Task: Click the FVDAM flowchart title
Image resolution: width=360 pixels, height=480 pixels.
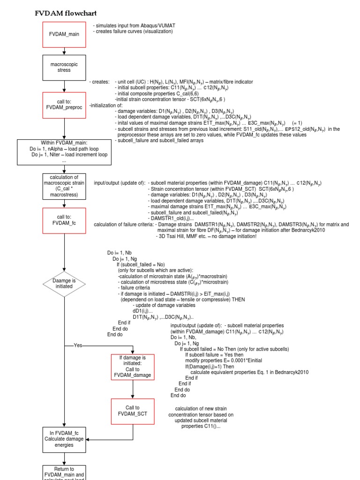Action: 66,13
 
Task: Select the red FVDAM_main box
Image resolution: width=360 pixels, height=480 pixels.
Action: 64,35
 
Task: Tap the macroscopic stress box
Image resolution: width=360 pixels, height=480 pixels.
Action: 64,67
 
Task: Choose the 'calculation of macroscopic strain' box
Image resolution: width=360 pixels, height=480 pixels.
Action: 64,185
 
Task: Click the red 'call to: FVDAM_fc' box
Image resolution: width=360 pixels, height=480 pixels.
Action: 64,220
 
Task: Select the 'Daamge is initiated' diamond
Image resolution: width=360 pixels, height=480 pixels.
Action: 64,283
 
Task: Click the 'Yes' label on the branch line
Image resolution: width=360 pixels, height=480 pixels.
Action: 78,345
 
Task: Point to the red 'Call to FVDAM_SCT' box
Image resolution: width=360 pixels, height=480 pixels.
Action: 133,411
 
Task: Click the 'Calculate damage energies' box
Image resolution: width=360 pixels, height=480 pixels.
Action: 64,438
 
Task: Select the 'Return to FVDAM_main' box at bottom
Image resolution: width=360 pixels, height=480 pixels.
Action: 64,472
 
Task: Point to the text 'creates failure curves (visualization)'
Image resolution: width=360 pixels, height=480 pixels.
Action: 134,31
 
